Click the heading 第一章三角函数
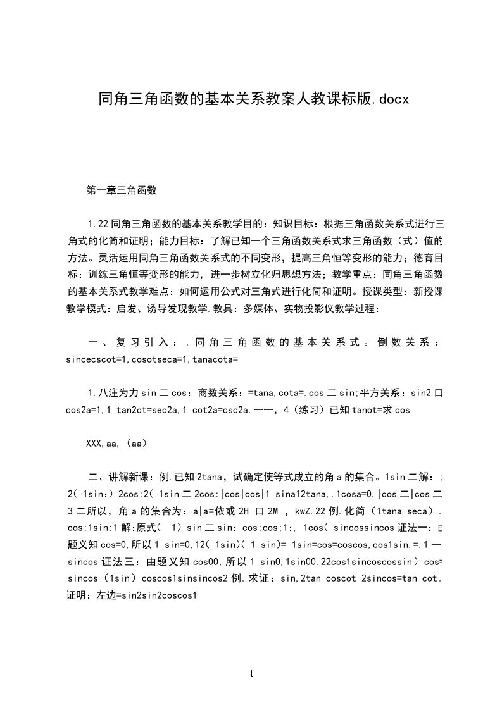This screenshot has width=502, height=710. tap(121, 189)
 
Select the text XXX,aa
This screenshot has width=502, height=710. tap(99, 444)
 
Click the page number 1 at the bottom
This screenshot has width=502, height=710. tap(251, 674)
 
